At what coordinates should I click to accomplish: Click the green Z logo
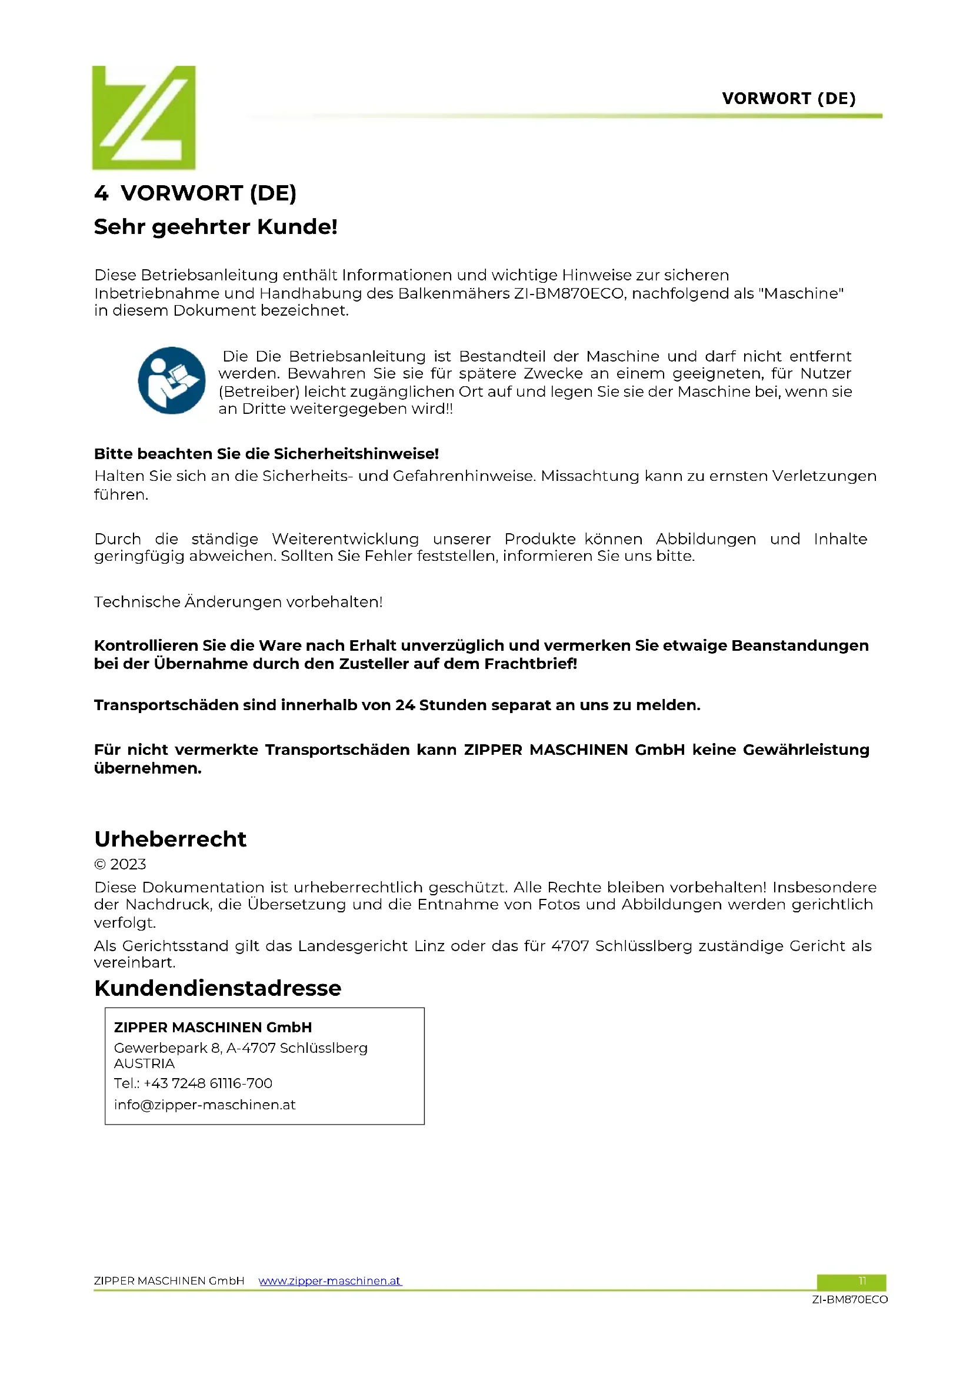coord(144,118)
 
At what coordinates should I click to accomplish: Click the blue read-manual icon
coord(171,380)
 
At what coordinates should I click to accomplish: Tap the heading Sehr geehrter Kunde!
coord(216,227)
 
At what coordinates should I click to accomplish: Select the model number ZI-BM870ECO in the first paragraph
coord(569,293)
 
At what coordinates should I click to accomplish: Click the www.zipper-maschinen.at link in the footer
coord(329,1280)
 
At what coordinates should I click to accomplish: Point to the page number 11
coord(862,1280)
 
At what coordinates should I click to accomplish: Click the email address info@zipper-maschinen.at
coord(204,1105)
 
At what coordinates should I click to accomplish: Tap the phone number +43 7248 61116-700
coord(208,1083)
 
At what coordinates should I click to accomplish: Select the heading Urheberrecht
coord(170,839)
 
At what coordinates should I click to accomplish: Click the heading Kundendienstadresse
coord(218,988)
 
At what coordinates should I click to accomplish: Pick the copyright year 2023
coord(128,864)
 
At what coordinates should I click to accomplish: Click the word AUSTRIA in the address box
coord(144,1063)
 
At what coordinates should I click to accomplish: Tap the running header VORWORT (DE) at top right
coord(788,98)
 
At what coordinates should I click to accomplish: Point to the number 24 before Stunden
coord(404,705)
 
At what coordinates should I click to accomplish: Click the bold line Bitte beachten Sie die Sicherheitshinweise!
coord(266,454)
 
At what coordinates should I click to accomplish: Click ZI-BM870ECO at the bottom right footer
coord(849,1299)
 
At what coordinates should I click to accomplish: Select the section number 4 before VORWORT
coord(101,193)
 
